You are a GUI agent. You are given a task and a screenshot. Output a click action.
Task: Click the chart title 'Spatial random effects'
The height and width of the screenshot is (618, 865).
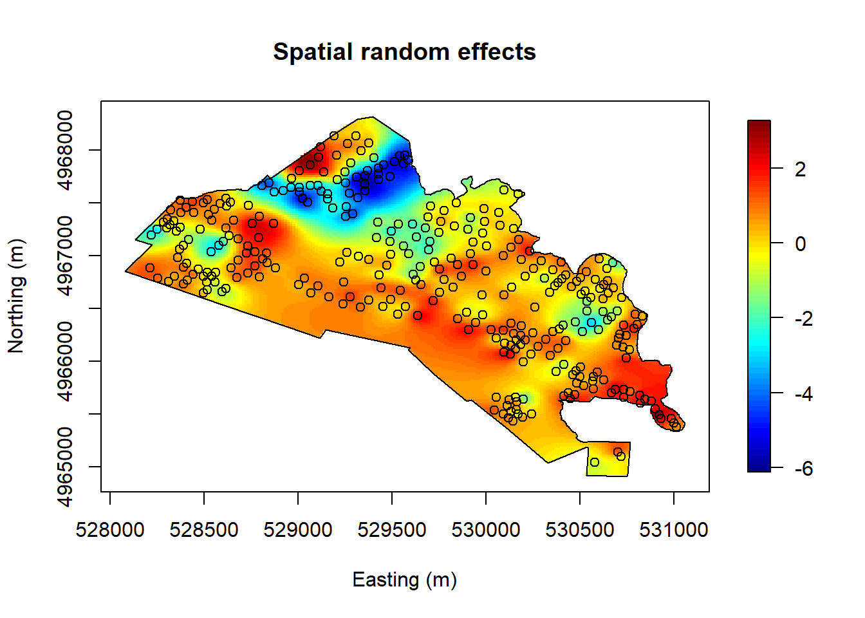[404, 51]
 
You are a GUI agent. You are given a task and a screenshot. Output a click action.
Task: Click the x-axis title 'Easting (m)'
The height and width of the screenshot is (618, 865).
[404, 580]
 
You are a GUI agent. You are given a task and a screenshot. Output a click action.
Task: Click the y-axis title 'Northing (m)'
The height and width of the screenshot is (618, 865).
[17, 296]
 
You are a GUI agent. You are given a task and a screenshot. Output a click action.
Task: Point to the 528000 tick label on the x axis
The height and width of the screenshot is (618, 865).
[110, 530]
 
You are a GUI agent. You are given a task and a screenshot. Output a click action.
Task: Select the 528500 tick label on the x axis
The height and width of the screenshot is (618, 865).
[204, 530]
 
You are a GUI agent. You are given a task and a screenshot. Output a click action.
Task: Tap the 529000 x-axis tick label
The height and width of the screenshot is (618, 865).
[298, 530]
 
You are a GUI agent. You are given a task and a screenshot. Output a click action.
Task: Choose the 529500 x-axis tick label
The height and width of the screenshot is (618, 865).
[392, 530]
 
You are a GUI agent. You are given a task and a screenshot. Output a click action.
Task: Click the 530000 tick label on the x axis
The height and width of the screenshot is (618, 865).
[486, 530]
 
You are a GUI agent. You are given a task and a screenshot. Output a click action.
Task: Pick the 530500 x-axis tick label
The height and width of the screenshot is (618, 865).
[580, 530]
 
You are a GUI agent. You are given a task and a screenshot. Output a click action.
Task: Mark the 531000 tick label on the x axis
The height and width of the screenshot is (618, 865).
[674, 530]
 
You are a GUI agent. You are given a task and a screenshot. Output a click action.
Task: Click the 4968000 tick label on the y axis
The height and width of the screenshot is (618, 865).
[66, 151]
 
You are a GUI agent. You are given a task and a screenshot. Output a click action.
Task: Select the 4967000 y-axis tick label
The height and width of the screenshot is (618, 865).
[66, 256]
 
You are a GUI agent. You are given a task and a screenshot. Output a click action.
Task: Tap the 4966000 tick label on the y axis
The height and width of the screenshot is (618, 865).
[66, 361]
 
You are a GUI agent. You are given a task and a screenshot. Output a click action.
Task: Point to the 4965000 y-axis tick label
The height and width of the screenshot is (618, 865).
[66, 467]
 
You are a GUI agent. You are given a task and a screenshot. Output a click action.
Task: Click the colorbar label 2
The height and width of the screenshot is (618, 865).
[800, 169]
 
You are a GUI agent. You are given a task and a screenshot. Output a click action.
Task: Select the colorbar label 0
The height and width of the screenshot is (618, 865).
[800, 244]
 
